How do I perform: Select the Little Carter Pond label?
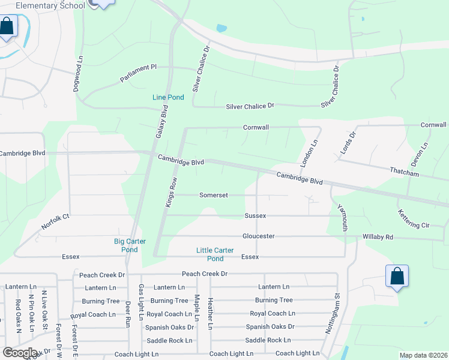click(215, 254)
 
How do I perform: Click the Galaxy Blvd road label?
click(161, 122)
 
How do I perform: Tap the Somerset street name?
click(213, 195)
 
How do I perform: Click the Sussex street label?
click(255, 215)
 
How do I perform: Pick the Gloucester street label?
click(258, 236)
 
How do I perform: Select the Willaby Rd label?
click(378, 237)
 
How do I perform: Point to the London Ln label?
click(309, 154)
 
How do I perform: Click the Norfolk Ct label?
click(56, 222)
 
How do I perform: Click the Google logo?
click(20, 353)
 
